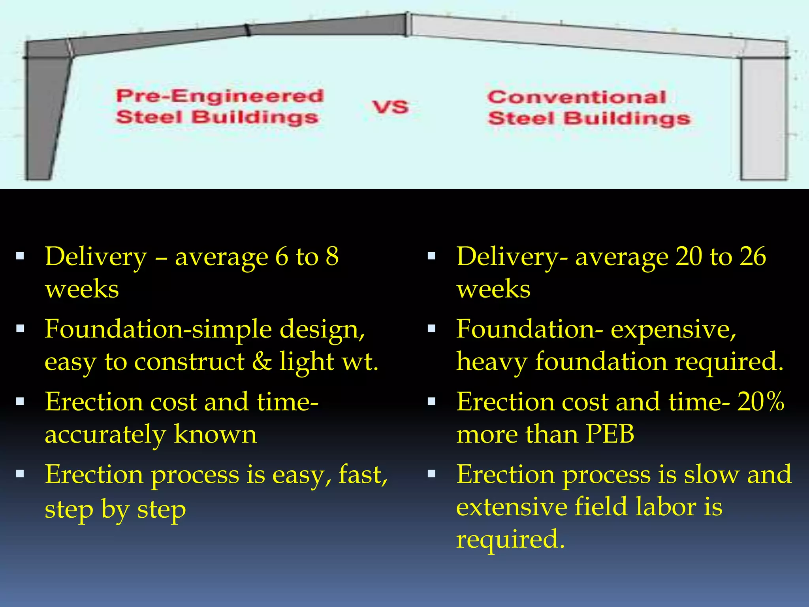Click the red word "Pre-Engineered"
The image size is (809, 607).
tap(220, 96)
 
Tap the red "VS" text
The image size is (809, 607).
tap(390, 107)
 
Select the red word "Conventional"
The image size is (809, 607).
tap(577, 98)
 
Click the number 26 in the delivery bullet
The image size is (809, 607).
tap(753, 257)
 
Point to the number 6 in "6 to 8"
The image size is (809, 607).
tap(282, 257)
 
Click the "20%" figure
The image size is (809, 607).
tap(761, 402)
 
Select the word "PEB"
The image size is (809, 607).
tap(610, 434)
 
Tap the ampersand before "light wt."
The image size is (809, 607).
tap(262, 362)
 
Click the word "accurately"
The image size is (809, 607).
tap(105, 435)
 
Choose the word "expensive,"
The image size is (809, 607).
tap(674, 330)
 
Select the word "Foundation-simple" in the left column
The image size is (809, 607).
tap(158, 329)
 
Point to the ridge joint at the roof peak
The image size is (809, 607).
tap(408, 25)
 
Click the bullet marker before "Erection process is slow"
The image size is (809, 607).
tap(431, 473)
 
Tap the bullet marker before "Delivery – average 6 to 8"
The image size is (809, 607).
tap(20, 256)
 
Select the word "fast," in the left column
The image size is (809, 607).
tap(363, 475)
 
